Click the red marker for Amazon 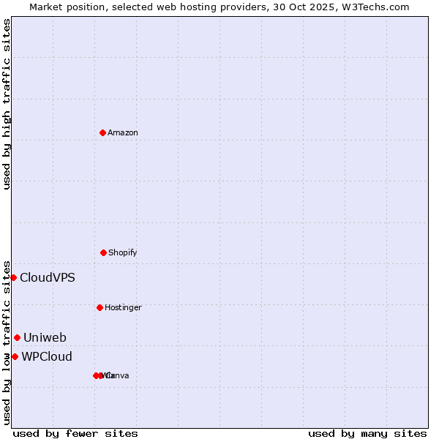pyautogui.click(x=102, y=132)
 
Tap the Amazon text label pyautogui.click(x=123, y=132)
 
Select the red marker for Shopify pyautogui.click(x=103, y=252)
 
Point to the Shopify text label pyautogui.click(x=123, y=252)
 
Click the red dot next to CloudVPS pyautogui.click(x=13, y=277)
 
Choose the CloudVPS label pyautogui.click(x=47, y=277)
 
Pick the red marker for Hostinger pyautogui.click(x=100, y=307)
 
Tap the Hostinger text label pyautogui.click(x=123, y=307)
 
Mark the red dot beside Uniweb pyautogui.click(x=17, y=337)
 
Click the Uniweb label pyautogui.click(x=45, y=337)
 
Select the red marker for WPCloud pyautogui.click(x=15, y=356)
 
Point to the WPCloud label pyautogui.click(x=47, y=356)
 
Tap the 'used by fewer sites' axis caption pyautogui.click(x=75, y=433)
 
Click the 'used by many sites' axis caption pyautogui.click(x=367, y=433)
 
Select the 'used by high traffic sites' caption pyautogui.click(x=7, y=104)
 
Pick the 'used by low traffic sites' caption pyautogui.click(x=7, y=342)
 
